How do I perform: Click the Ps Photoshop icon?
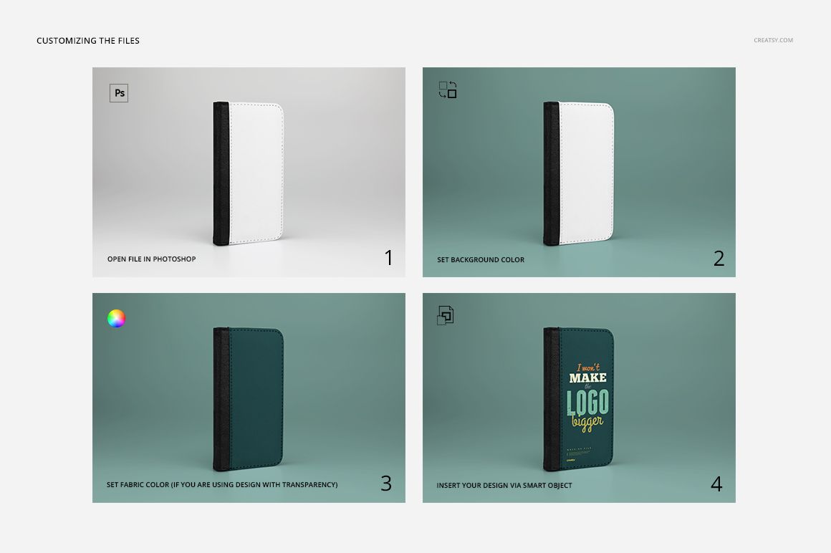pos(119,93)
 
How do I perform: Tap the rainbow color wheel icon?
pos(116,319)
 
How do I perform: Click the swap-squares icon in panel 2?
pos(448,90)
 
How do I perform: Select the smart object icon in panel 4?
pos(446,315)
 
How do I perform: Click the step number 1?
pos(389,258)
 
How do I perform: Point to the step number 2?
pos(719,258)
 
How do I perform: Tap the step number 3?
pos(386,484)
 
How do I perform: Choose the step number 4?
pos(716,484)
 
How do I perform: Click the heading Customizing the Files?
pos(88,41)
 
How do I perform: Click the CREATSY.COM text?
pos(773,41)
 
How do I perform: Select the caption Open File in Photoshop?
pos(151,259)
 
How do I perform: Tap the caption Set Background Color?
pos(481,259)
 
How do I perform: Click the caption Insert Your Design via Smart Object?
pos(504,485)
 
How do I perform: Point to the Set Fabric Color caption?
pos(222,485)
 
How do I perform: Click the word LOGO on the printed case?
pos(588,403)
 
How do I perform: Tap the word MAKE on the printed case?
pos(587,378)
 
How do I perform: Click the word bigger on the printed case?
pos(587,423)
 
